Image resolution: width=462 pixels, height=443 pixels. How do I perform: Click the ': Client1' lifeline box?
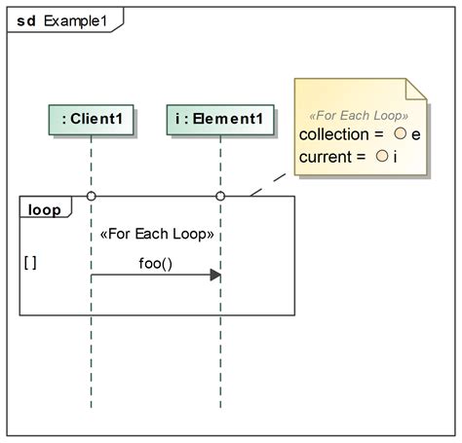tap(91, 119)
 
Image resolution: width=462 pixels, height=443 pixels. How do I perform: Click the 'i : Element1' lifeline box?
tap(219, 119)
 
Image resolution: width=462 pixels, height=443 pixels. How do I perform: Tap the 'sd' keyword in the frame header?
tap(27, 19)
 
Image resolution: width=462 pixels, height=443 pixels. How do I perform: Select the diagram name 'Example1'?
tap(75, 19)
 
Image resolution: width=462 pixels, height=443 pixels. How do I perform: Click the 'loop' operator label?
tap(44, 209)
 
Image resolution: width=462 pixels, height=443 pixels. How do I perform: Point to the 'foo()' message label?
tap(156, 263)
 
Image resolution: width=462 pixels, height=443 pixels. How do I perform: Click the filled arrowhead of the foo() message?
tap(215, 276)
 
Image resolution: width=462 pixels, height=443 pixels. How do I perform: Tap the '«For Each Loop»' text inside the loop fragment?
tap(156, 235)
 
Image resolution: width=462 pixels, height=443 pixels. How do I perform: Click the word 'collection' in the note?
tap(333, 134)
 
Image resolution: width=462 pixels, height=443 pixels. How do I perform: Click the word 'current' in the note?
tap(327, 156)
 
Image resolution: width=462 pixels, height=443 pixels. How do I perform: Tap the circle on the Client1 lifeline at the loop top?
tap(91, 197)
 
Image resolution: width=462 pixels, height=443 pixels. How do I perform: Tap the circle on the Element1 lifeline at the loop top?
tap(220, 197)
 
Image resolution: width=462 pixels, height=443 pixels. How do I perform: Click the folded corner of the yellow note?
tap(417, 92)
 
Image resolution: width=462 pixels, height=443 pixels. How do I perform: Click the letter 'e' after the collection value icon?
tap(416, 134)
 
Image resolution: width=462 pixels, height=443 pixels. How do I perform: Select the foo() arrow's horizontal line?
tap(146, 276)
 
